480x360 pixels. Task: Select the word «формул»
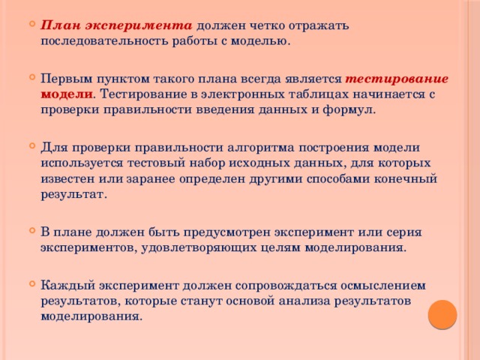pos(352,109)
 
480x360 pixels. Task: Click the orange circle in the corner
pos(442,314)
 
